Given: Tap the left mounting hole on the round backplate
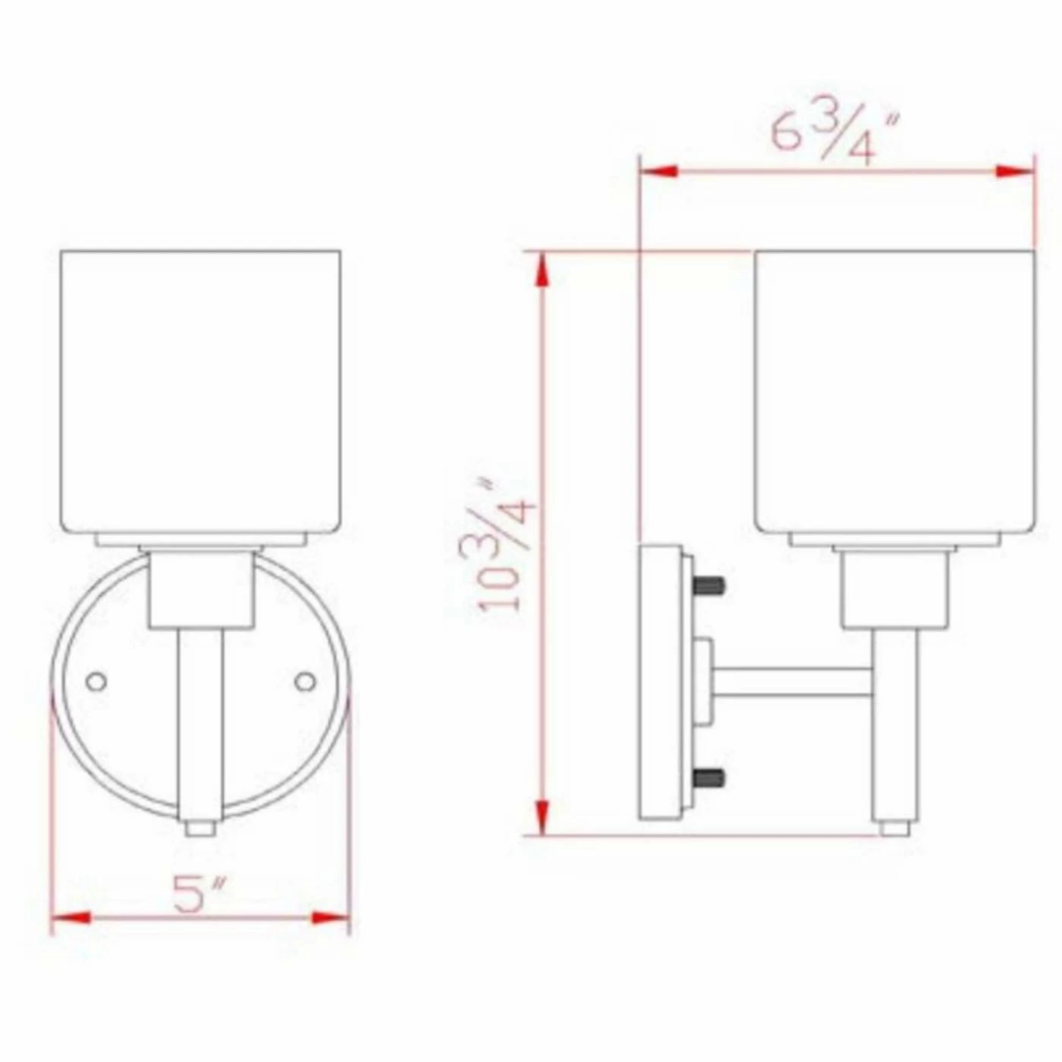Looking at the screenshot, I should [x=96, y=681].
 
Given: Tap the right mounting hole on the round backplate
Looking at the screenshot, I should [x=305, y=681].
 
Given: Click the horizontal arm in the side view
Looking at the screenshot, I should [x=793, y=682].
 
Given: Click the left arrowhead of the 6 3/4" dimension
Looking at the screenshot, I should [x=659, y=171].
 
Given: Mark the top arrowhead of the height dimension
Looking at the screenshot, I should [x=542, y=269].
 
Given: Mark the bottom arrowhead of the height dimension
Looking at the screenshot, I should [x=542, y=817].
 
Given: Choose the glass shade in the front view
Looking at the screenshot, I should [x=200, y=391].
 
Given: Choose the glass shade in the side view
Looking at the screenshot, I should [x=895, y=391].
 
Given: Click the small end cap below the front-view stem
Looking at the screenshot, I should [x=200, y=828].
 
